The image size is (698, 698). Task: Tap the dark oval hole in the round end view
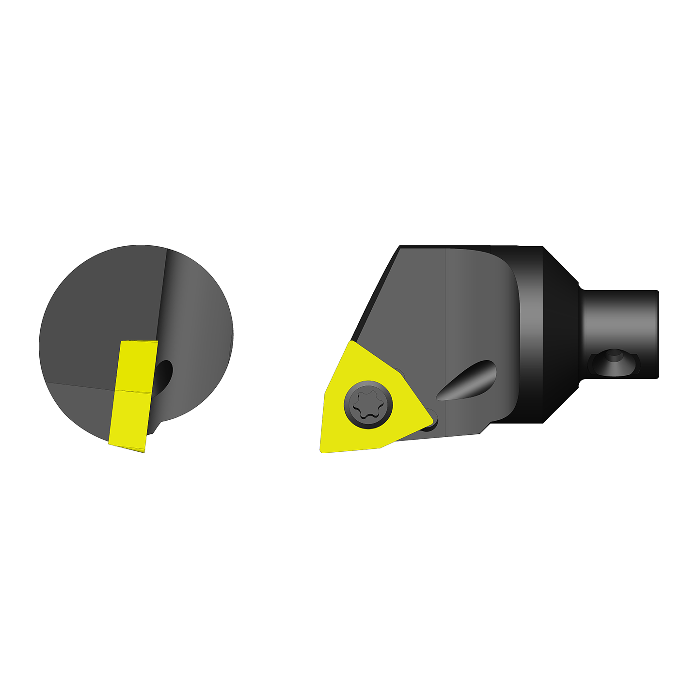point(164,376)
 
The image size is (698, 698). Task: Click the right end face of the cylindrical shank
point(657,334)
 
